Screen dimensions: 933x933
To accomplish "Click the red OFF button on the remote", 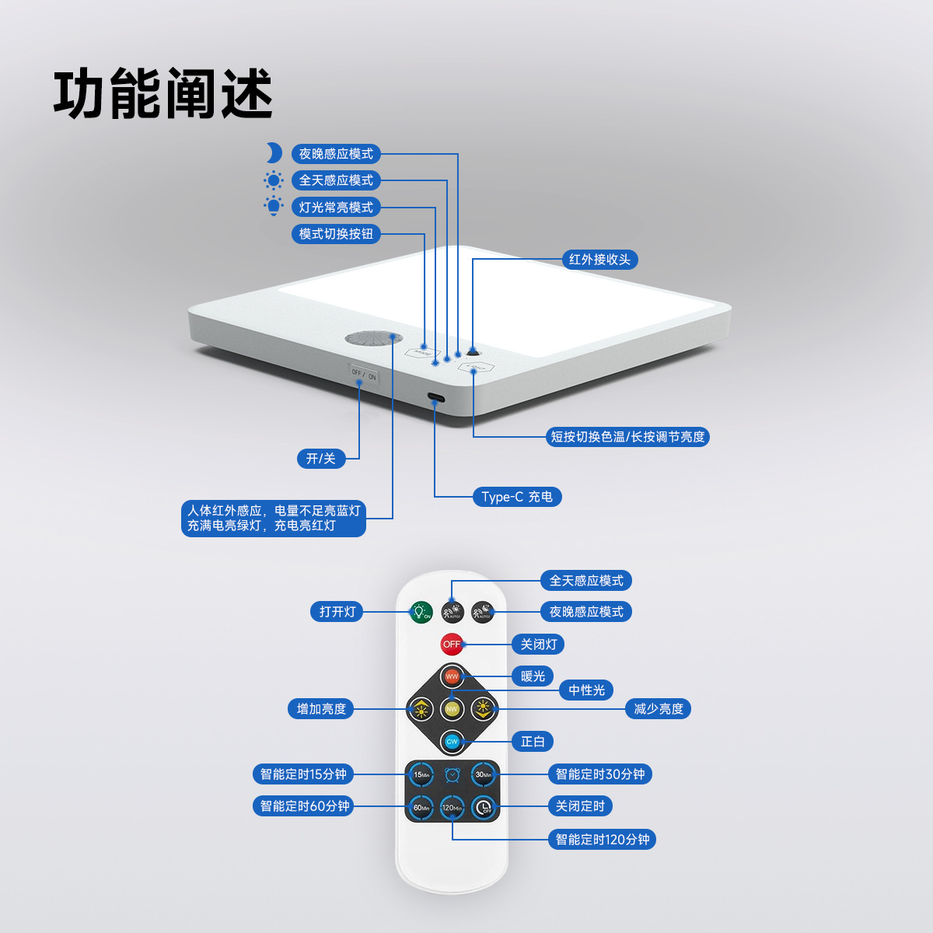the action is click(452, 644).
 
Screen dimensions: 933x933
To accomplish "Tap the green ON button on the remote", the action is click(421, 612).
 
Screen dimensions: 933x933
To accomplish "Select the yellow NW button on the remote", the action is click(452, 709).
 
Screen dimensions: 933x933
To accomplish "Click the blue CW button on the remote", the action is click(452, 742).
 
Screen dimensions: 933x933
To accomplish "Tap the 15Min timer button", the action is click(421, 774).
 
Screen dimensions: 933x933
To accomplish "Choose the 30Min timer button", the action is click(484, 774).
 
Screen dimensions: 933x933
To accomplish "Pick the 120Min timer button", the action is click(452, 808).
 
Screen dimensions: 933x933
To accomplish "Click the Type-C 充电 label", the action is click(517, 497).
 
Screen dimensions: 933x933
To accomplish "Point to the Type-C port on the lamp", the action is click(435, 400).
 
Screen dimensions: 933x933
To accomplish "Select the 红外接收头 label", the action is click(599, 260).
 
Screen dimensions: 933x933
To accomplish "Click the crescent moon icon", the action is click(274, 153).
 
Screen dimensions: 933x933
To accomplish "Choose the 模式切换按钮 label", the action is click(336, 234).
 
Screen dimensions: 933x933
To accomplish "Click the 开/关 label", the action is click(321, 459).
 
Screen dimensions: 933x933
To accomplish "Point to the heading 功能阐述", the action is click(163, 94).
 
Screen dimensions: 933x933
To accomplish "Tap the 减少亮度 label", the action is click(658, 709).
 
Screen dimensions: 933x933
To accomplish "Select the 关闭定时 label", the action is click(580, 806).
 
